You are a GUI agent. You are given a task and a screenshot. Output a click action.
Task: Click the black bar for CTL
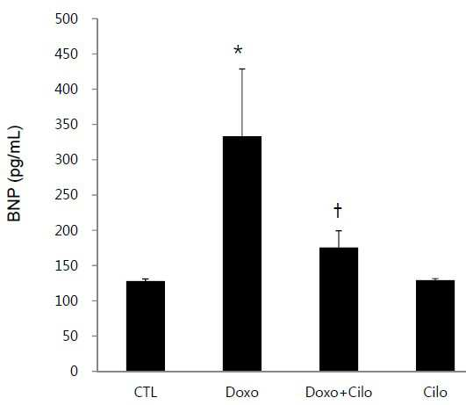(146, 326)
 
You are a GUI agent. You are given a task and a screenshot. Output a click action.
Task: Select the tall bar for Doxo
(242, 254)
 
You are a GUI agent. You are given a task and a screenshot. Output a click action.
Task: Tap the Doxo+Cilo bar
(339, 309)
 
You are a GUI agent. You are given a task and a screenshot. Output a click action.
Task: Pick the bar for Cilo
(435, 326)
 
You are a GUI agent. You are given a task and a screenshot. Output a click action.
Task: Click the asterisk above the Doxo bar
(238, 50)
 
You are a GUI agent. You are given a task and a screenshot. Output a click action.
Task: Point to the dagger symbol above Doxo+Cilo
(338, 210)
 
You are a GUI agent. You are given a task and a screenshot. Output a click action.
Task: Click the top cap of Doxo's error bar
(242, 69)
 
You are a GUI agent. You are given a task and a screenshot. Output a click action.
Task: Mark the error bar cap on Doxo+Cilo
(339, 231)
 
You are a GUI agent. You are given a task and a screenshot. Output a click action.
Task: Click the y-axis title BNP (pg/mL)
(15, 174)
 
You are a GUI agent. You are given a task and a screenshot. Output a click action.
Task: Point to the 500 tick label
(67, 19)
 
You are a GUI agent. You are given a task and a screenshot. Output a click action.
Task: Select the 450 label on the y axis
(67, 54)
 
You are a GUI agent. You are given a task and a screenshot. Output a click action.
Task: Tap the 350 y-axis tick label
(67, 125)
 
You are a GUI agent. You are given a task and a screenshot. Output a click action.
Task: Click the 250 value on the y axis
(67, 195)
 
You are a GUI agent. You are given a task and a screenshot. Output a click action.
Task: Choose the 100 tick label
(67, 300)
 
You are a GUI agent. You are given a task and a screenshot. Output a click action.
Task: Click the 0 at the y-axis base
(74, 372)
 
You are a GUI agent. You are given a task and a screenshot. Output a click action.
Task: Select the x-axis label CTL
(146, 392)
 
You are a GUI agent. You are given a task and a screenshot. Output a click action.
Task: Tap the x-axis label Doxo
(242, 392)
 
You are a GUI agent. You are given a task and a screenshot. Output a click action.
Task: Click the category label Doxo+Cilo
(339, 392)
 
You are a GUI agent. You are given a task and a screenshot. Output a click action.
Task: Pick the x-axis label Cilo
(435, 392)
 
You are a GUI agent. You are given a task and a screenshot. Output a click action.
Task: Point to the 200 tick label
(67, 230)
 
